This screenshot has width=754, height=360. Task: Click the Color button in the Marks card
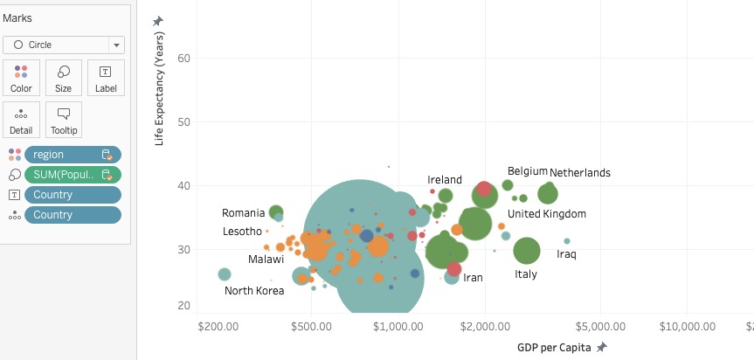[x=21, y=77]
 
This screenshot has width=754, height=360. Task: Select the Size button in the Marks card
[x=64, y=77]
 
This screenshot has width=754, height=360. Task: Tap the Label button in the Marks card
[x=106, y=77]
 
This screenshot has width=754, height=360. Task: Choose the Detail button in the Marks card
[x=21, y=120]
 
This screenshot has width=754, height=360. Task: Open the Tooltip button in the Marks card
[x=64, y=120]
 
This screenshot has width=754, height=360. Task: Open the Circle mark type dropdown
[x=64, y=45]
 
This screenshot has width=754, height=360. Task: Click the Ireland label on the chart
[x=445, y=180]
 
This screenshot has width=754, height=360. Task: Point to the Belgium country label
[x=527, y=171]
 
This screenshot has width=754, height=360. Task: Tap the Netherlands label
[x=580, y=173]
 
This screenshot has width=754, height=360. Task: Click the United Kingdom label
[x=547, y=214]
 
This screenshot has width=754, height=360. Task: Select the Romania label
[x=243, y=212]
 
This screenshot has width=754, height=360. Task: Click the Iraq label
[x=566, y=254]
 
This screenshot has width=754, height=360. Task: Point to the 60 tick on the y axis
[x=184, y=59]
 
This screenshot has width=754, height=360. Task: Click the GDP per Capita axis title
[x=554, y=347]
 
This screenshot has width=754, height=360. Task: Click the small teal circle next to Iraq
[x=567, y=241]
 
